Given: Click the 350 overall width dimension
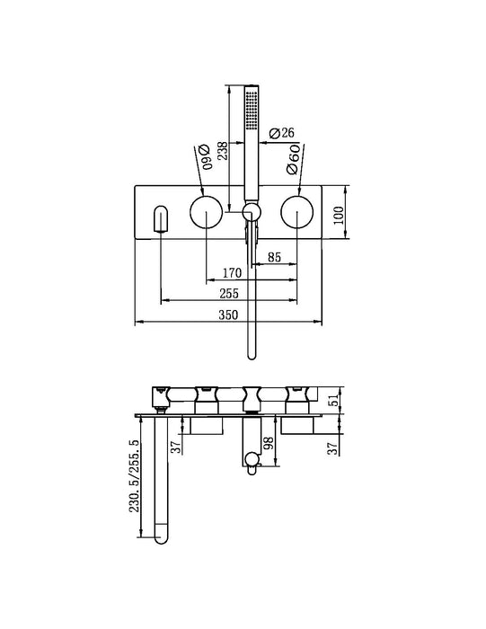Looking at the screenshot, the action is (228, 314).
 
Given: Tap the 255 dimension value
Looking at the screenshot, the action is (229, 294).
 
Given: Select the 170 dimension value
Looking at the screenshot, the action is (232, 273).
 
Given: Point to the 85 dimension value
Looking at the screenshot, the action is (274, 257).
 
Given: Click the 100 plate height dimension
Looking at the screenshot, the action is (339, 216).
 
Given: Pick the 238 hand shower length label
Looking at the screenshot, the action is (222, 151).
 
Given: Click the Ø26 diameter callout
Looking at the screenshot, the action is (281, 133).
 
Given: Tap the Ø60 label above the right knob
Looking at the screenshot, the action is (294, 159).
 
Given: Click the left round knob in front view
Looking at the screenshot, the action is (206, 212).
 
